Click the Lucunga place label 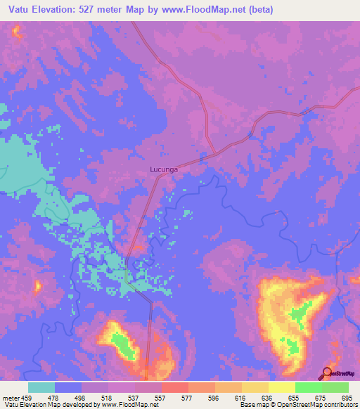pyautogui.click(x=164, y=169)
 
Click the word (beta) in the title pyautogui.click(x=259, y=10)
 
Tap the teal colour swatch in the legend pyautogui.click(x=41, y=387)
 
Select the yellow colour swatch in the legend pyautogui.click(x=281, y=387)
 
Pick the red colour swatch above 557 pyautogui.click(x=174, y=387)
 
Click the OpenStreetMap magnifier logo pyautogui.click(x=327, y=373)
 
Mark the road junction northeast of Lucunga pyautogui.click(x=214, y=154)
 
